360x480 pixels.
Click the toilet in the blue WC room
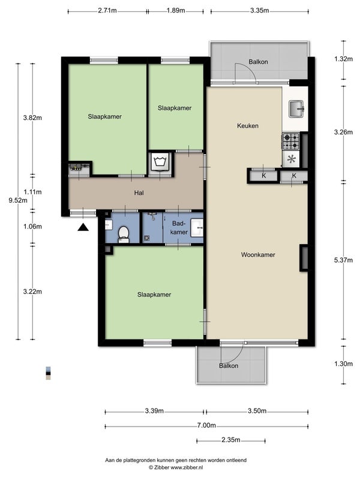124,234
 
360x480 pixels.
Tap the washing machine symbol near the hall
160,161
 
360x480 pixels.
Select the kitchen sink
296,109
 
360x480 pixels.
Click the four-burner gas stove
290,141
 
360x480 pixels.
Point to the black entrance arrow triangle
83,227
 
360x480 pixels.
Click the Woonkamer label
258,254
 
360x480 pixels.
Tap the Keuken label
248,125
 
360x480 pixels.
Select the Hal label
139,193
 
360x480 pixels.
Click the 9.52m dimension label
18,200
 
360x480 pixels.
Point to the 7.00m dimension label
206,425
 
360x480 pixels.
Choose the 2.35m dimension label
231,440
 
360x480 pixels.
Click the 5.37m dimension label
343,260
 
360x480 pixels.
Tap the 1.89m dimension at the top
176,10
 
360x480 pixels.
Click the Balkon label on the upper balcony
258,62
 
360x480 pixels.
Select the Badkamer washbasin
197,228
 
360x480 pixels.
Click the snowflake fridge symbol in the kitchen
291,159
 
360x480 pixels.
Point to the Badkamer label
179,228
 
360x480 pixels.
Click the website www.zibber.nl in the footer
187,467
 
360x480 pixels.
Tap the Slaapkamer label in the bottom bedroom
154,295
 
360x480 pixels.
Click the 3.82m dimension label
32,118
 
